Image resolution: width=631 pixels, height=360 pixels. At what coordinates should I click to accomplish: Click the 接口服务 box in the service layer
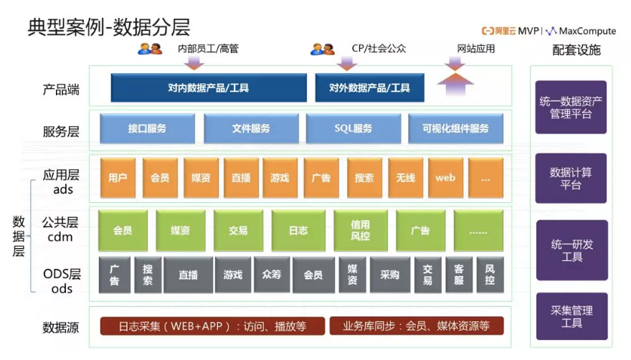147,129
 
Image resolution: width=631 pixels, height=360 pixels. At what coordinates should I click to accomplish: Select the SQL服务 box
354,129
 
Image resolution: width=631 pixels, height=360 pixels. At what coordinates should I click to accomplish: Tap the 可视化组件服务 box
455,129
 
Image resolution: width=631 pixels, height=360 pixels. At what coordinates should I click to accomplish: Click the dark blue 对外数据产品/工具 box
369,88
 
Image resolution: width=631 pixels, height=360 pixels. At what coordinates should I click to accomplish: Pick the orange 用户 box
118,177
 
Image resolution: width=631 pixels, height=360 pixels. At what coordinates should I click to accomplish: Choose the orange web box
445,177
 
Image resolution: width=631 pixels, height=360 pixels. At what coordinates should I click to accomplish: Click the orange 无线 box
405,177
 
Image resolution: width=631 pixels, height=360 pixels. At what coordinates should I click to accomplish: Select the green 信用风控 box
360,230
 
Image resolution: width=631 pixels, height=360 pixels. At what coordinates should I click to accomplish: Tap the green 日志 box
298,230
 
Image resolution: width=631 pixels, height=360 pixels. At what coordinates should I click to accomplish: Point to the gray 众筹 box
272,275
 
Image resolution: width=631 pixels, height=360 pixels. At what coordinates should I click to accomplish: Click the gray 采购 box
389,275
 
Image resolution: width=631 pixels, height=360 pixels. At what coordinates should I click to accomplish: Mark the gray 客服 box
459,275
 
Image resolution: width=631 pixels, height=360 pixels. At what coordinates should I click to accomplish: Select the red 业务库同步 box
417,326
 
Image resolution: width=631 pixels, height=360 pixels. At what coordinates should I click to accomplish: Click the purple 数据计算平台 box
571,179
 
